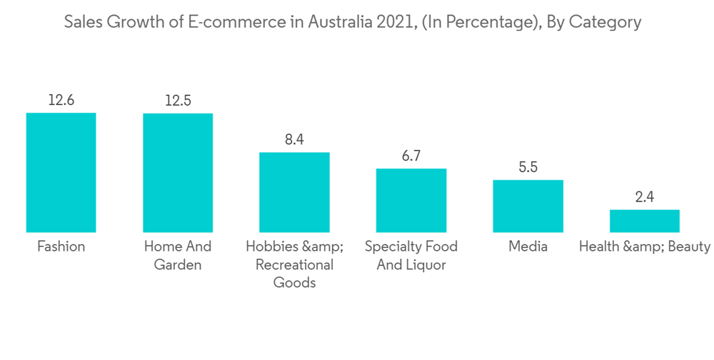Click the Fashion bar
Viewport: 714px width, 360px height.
61,172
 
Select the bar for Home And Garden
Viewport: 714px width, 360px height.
178,172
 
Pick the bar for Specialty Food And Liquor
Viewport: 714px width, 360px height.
411,200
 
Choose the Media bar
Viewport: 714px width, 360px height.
528,206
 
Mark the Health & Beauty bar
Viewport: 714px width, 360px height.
645,221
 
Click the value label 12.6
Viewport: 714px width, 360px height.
61,101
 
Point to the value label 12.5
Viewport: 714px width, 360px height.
178,101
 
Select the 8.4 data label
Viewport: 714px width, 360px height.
294,140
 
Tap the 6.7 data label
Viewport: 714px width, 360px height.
411,156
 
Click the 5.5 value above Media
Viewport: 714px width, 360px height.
528,168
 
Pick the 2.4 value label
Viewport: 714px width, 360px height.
645,197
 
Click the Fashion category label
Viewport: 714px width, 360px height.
61,247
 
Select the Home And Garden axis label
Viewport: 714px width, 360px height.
178,256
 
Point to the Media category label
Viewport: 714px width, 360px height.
528,247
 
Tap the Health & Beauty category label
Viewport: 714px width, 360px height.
645,247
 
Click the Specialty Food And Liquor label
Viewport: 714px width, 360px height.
411,256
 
